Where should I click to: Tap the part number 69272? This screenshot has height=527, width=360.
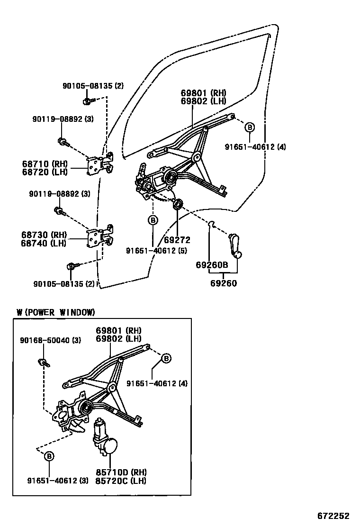tap(177, 240)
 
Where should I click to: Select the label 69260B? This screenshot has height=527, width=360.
tap(212, 265)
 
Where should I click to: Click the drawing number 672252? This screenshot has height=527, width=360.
tap(333, 516)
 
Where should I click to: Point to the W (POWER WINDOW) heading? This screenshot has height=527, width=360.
tap(55, 312)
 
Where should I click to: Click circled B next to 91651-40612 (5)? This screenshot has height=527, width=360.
tap(153, 220)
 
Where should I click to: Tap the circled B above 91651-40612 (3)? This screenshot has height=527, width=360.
tap(49, 456)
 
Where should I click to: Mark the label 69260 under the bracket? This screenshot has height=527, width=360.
tap(223, 283)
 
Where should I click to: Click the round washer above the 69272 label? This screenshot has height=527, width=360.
tap(178, 205)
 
